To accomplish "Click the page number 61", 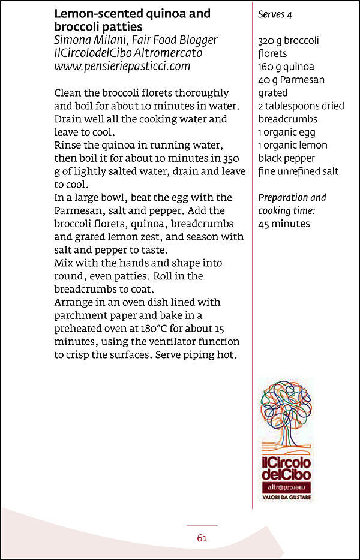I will coord(202,538).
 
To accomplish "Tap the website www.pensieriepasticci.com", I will coord(122,66).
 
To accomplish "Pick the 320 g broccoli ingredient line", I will coord(289,41).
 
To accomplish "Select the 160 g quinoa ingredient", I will coord(286,67).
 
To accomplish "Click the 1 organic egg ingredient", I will coord(287,132).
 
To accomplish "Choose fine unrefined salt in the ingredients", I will coord(298,171).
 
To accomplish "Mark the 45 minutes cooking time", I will coord(284,224).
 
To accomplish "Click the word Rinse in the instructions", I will coord(68,145).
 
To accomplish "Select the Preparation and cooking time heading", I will coord(292,204).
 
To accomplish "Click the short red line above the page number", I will coord(202,526).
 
